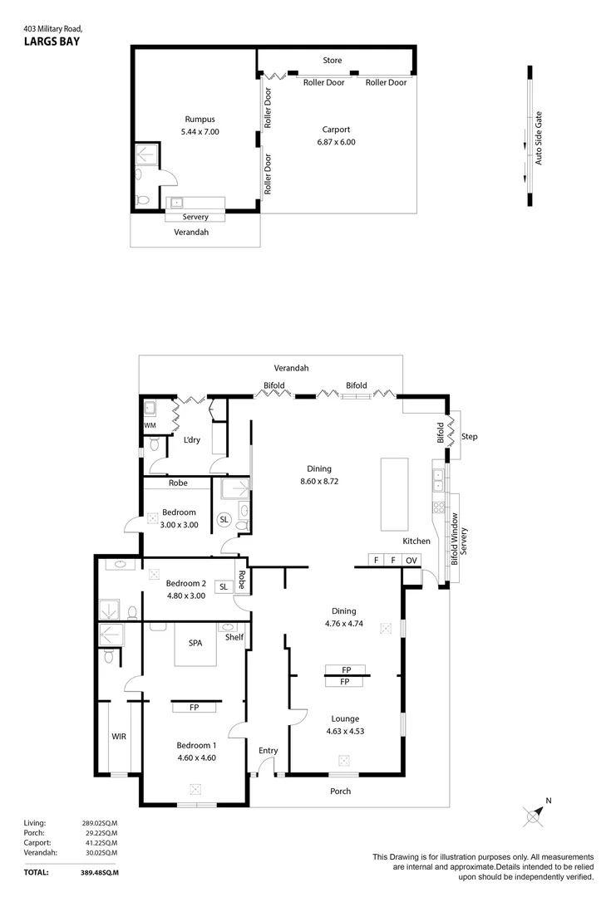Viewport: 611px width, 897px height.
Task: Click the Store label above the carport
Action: (x=332, y=61)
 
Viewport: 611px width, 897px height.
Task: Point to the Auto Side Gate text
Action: (x=538, y=138)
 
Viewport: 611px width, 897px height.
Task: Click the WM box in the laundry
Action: (x=150, y=425)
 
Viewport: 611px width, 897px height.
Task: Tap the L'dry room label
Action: (x=192, y=440)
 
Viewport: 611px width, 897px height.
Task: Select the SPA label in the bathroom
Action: (x=195, y=643)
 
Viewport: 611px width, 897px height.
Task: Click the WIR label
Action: (x=119, y=736)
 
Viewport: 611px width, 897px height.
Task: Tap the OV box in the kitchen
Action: (x=411, y=561)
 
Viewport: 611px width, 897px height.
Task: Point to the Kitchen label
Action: (x=416, y=541)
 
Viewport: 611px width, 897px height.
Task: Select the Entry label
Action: (x=268, y=751)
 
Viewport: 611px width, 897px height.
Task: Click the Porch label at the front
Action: (x=340, y=792)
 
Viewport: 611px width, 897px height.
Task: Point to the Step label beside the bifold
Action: (x=469, y=437)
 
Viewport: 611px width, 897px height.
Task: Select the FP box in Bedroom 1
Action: (x=194, y=708)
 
